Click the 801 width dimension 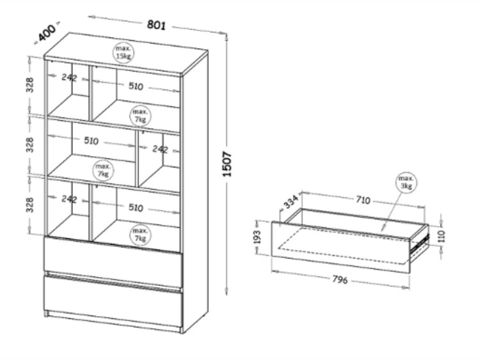[x=157, y=25]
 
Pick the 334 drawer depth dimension [x=291, y=203]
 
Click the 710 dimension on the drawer [x=362, y=200]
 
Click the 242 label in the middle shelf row [x=159, y=149]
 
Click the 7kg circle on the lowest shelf [x=140, y=234]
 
